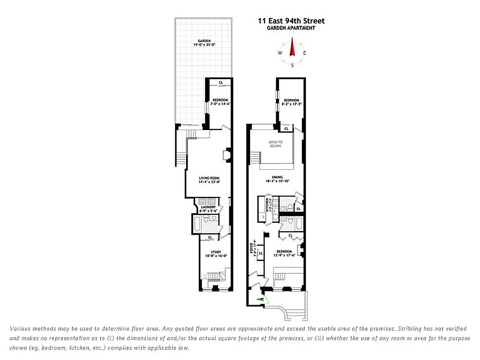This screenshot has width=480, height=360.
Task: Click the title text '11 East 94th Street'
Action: click(291, 21)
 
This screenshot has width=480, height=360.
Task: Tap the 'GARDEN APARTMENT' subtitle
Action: click(291, 28)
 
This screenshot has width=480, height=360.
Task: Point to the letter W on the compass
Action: click(280, 53)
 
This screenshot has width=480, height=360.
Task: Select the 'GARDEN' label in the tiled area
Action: click(204, 40)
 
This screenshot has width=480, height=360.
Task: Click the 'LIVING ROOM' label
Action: click(209, 178)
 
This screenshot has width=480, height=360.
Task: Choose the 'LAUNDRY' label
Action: click(208, 207)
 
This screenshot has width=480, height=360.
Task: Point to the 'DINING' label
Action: click(277, 177)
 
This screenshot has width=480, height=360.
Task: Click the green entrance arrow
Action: click(260, 300)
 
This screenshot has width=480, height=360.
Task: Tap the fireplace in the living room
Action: click(227, 154)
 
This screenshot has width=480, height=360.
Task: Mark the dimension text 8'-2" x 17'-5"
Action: click(292, 104)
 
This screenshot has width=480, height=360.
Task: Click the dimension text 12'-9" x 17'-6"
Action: click(284, 255)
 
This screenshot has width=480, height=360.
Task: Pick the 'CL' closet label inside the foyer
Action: click(260, 253)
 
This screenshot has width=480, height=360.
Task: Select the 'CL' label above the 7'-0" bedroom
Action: click(220, 82)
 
